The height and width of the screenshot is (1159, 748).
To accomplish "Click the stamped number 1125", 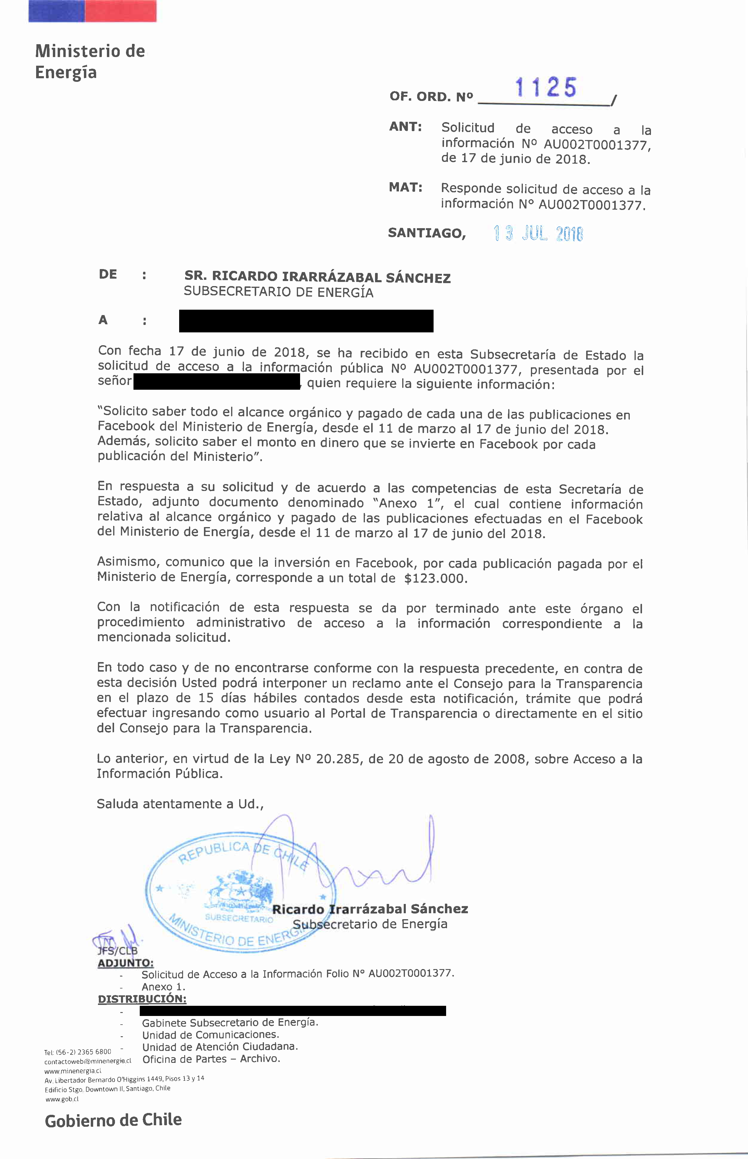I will pos(546,88).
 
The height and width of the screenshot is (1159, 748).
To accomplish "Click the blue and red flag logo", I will pos(92,11).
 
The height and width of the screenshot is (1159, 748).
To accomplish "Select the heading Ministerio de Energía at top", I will pos(90,62).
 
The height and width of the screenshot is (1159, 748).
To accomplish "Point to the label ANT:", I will pos(405,127).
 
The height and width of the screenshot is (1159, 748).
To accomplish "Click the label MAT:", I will pos(405,188).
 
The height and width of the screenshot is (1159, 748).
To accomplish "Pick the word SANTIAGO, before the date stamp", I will pos(426,234).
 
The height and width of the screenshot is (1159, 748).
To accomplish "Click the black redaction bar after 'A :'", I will pos(306,321).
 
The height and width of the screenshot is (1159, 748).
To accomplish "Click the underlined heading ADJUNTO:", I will pos(126,963).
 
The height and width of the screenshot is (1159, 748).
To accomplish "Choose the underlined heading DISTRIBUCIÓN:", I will pos(142,999).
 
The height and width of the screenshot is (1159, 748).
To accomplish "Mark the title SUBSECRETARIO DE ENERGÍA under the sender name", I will pos(278,292).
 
